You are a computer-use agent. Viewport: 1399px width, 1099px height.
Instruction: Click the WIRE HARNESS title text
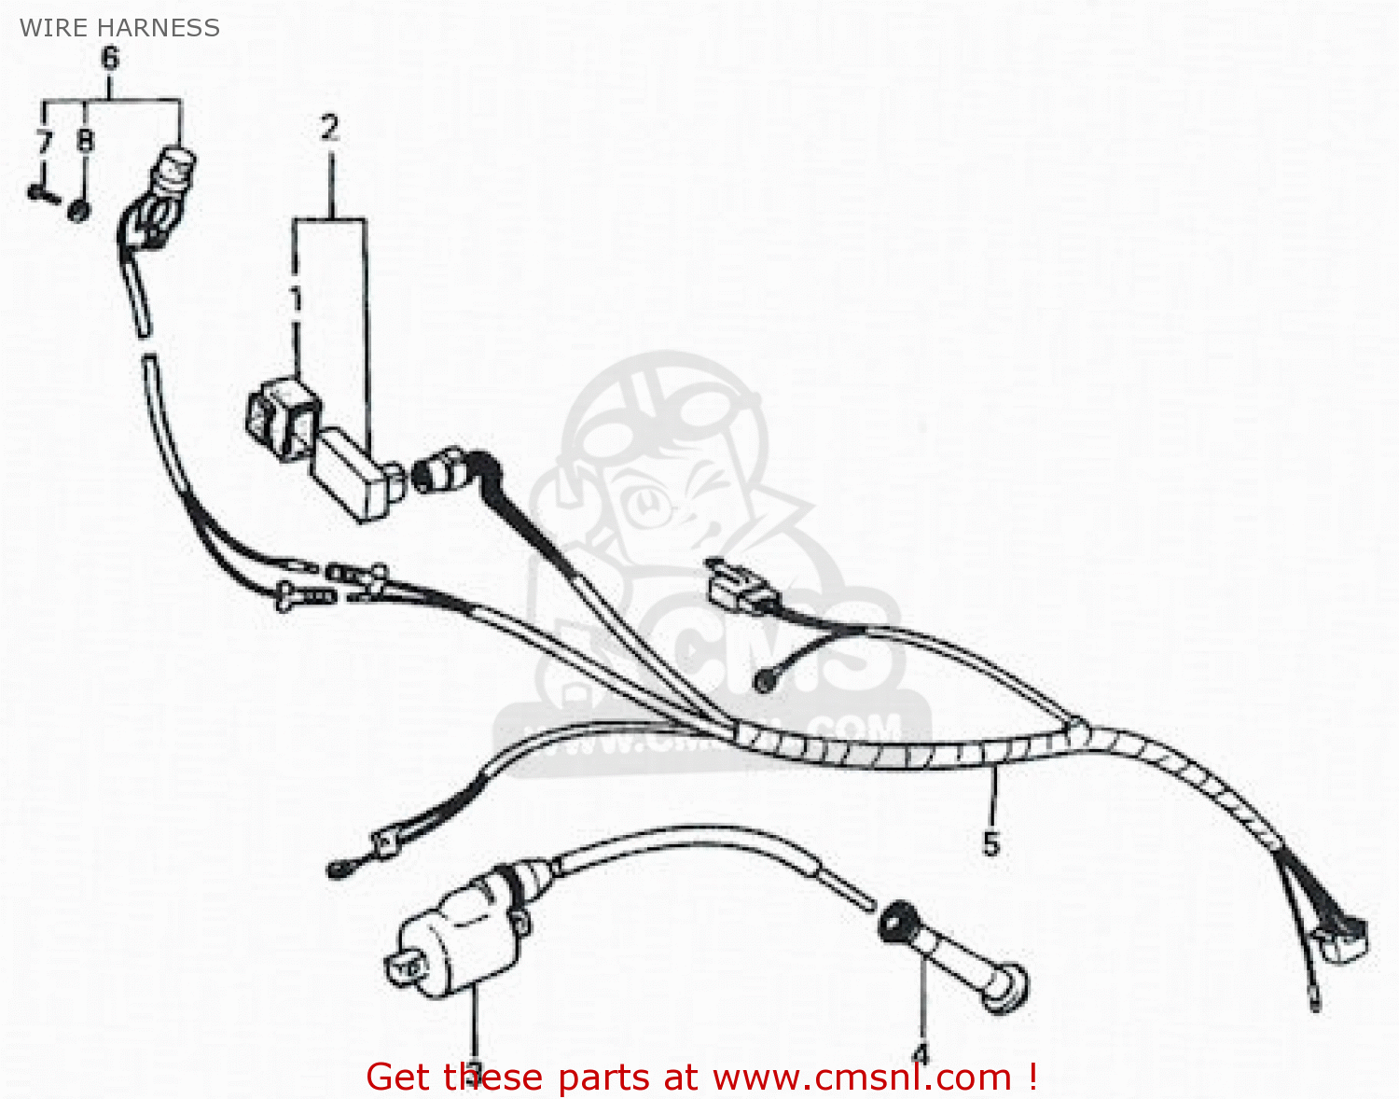pyautogui.click(x=119, y=28)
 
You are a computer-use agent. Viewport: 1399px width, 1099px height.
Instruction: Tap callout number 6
pyautogui.click(x=110, y=59)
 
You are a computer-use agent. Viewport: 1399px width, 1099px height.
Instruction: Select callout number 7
pyautogui.click(x=44, y=143)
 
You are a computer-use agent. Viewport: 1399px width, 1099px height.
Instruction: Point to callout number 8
pyautogui.click(x=85, y=141)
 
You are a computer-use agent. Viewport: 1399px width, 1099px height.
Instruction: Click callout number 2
pyautogui.click(x=329, y=128)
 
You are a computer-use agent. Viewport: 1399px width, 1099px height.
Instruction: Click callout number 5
pyautogui.click(x=990, y=843)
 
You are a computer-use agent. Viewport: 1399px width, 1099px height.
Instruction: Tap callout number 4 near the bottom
pyautogui.click(x=921, y=1054)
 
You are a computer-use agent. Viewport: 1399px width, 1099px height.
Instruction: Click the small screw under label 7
pyautogui.click(x=41, y=194)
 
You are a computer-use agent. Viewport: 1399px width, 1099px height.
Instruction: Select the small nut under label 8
pyautogui.click(x=80, y=210)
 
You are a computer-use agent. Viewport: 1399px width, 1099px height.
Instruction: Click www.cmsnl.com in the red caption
pyautogui.click(x=863, y=1078)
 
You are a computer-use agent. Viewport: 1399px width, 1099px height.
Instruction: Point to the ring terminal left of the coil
pyautogui.click(x=339, y=869)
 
